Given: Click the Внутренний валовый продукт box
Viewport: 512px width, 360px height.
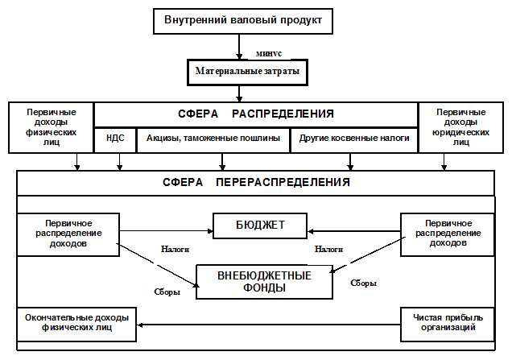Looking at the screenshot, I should click(x=243, y=20).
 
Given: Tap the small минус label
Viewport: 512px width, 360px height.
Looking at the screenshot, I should click(x=267, y=52).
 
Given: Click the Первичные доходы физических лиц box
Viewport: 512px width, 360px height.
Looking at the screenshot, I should click(x=52, y=127).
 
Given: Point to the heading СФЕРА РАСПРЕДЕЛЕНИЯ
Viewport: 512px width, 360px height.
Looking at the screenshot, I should click(x=255, y=114).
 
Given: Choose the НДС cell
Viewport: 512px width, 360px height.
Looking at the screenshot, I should click(x=115, y=139).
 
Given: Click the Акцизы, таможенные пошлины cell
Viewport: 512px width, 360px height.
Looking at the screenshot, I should click(x=213, y=139).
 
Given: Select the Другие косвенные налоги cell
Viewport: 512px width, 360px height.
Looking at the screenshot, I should click(x=354, y=139).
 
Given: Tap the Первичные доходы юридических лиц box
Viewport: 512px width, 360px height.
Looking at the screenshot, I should click(x=460, y=127).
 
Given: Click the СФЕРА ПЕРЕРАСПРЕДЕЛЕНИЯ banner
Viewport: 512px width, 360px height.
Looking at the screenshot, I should click(x=255, y=182).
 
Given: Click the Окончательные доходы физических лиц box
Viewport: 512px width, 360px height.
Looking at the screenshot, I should click(x=75, y=322).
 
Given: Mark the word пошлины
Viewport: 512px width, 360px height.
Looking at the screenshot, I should click(x=262, y=139).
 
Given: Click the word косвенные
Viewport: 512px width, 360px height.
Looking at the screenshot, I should click(x=353, y=139).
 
